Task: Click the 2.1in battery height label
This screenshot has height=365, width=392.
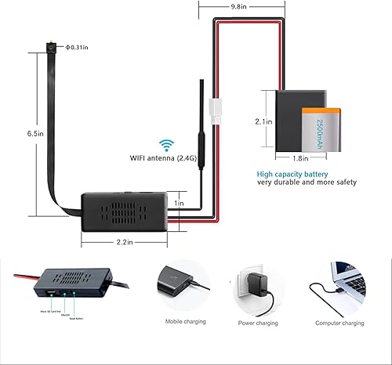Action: coord(264,122)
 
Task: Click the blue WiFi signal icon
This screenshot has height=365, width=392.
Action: coord(165,144)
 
